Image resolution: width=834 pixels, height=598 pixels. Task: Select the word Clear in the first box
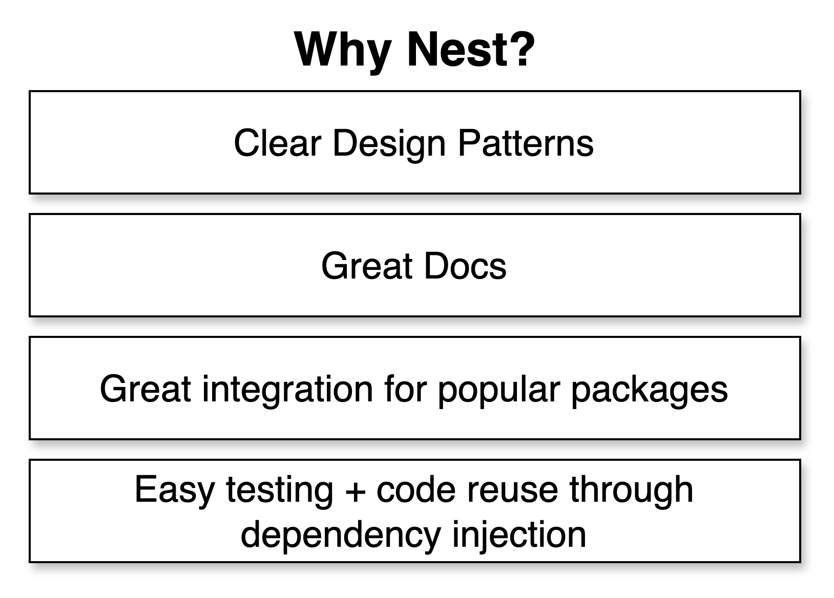pos(277,143)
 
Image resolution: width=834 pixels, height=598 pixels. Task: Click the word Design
pos(389,145)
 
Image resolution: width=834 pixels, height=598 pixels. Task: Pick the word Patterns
pos(526,143)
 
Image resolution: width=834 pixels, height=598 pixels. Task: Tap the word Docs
pos(465,266)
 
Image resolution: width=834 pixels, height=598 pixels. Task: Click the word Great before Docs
pos(367,266)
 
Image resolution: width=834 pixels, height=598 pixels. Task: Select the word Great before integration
pos(145,389)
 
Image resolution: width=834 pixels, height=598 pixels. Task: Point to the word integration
pos(287,391)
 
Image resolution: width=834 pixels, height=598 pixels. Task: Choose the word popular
pos(499,391)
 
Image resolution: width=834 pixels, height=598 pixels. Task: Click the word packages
pos(650,391)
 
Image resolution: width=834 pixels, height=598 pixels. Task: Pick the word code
pos(415,489)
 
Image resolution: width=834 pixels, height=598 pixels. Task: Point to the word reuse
pos(512,493)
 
